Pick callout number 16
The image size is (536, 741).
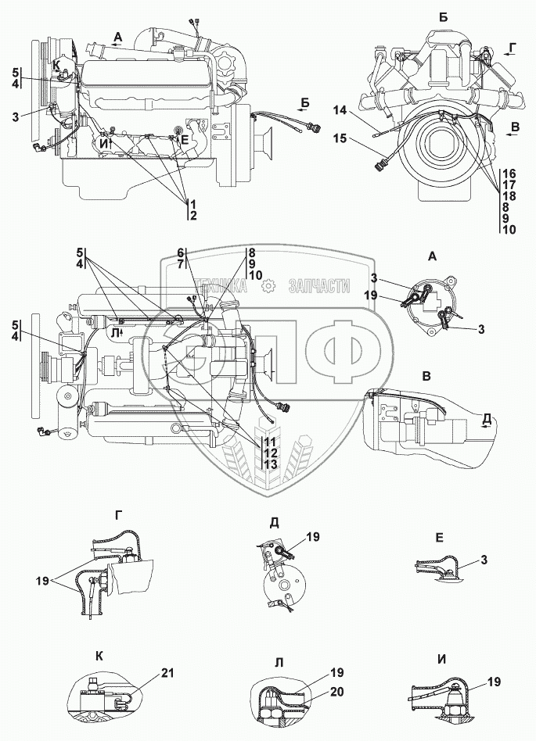[x=509, y=174]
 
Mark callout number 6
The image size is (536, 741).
[x=180, y=252]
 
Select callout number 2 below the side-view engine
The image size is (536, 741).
[x=192, y=214]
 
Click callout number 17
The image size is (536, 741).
[x=509, y=184]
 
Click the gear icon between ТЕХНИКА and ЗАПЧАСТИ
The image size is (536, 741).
[x=268, y=287]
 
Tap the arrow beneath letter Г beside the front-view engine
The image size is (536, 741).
[x=509, y=58]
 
